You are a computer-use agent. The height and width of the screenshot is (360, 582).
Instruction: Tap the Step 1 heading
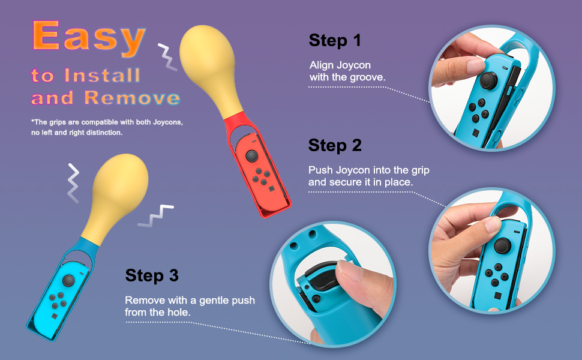(x=334, y=40)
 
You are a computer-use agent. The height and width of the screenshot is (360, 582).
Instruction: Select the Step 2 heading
(x=335, y=145)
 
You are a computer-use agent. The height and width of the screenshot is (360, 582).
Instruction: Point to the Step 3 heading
(x=152, y=276)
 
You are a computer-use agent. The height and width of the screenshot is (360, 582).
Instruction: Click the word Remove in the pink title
(x=132, y=98)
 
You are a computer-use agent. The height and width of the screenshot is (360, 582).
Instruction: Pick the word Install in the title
(x=103, y=76)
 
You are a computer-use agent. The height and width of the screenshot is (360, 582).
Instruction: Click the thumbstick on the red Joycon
(x=251, y=156)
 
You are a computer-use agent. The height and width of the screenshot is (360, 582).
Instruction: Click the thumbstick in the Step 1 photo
(x=488, y=80)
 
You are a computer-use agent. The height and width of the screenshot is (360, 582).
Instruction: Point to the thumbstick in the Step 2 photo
(x=503, y=245)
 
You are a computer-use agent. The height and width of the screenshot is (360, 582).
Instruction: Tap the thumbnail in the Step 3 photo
(x=349, y=270)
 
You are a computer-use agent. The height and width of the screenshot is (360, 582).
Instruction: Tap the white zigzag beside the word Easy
(x=167, y=57)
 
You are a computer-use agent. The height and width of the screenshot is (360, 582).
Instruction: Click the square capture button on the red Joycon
(x=272, y=188)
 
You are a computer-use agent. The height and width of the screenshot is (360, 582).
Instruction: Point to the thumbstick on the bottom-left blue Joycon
(x=68, y=281)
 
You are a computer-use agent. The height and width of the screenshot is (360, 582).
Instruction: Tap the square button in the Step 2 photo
(x=498, y=296)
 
